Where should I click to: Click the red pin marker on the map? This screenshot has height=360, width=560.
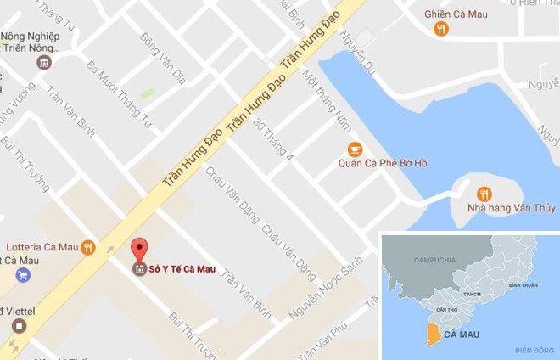point(140,249)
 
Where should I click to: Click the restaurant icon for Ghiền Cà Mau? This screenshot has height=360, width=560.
point(441,30)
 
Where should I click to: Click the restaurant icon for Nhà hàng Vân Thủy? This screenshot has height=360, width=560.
point(484,193)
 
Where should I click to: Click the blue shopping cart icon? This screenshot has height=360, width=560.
point(22,274)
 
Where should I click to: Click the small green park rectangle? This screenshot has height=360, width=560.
point(148,93)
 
